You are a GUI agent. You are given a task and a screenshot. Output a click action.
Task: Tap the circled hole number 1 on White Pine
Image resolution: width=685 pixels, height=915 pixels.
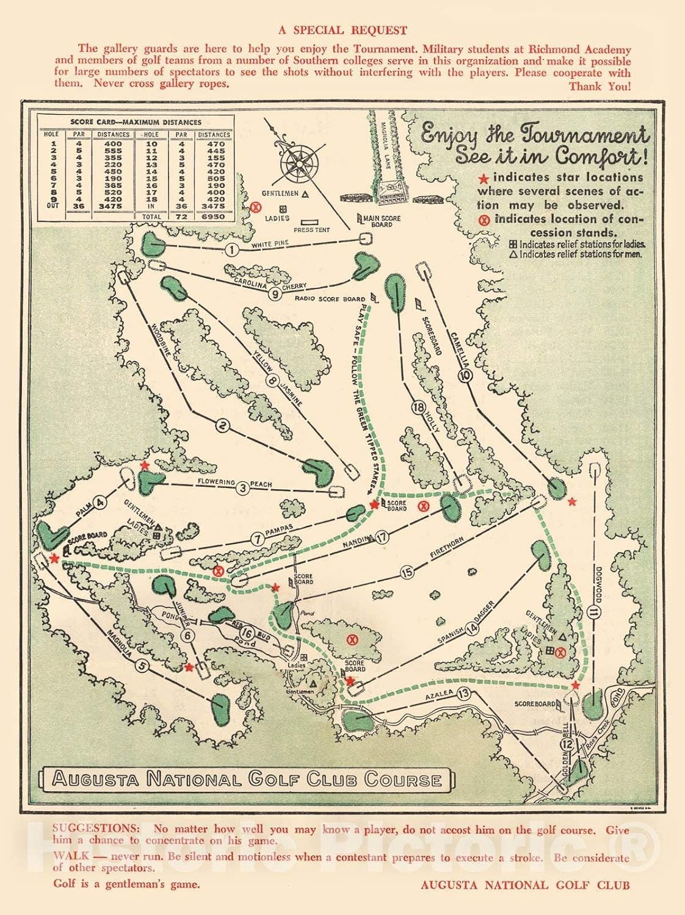click(231, 249)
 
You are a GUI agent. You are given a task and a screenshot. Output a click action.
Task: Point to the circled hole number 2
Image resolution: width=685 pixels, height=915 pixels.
click(222, 426)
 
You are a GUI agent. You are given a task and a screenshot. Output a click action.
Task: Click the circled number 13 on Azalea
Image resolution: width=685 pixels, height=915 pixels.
click(464, 693)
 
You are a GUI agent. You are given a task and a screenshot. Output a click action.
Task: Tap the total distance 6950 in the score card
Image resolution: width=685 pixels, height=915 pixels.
click(214, 216)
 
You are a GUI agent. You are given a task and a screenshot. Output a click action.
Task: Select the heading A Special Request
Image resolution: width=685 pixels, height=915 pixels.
click(342, 30)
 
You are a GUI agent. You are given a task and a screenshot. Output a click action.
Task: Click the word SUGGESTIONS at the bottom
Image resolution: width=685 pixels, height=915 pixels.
click(96, 828)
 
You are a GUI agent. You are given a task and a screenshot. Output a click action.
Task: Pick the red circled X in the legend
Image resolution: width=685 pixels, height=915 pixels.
click(485, 220)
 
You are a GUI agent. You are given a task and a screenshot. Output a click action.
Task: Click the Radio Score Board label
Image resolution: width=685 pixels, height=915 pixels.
click(330, 299)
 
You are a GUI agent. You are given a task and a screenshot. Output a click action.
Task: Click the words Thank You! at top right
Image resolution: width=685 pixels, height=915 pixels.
click(600, 86)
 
